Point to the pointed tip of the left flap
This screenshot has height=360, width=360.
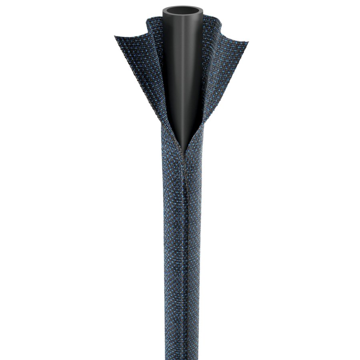click(x=115, y=37)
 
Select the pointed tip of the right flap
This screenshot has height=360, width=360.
click(x=248, y=42)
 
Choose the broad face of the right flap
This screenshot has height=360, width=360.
click(x=224, y=72)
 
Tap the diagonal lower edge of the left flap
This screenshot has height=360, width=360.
click(x=136, y=88)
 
